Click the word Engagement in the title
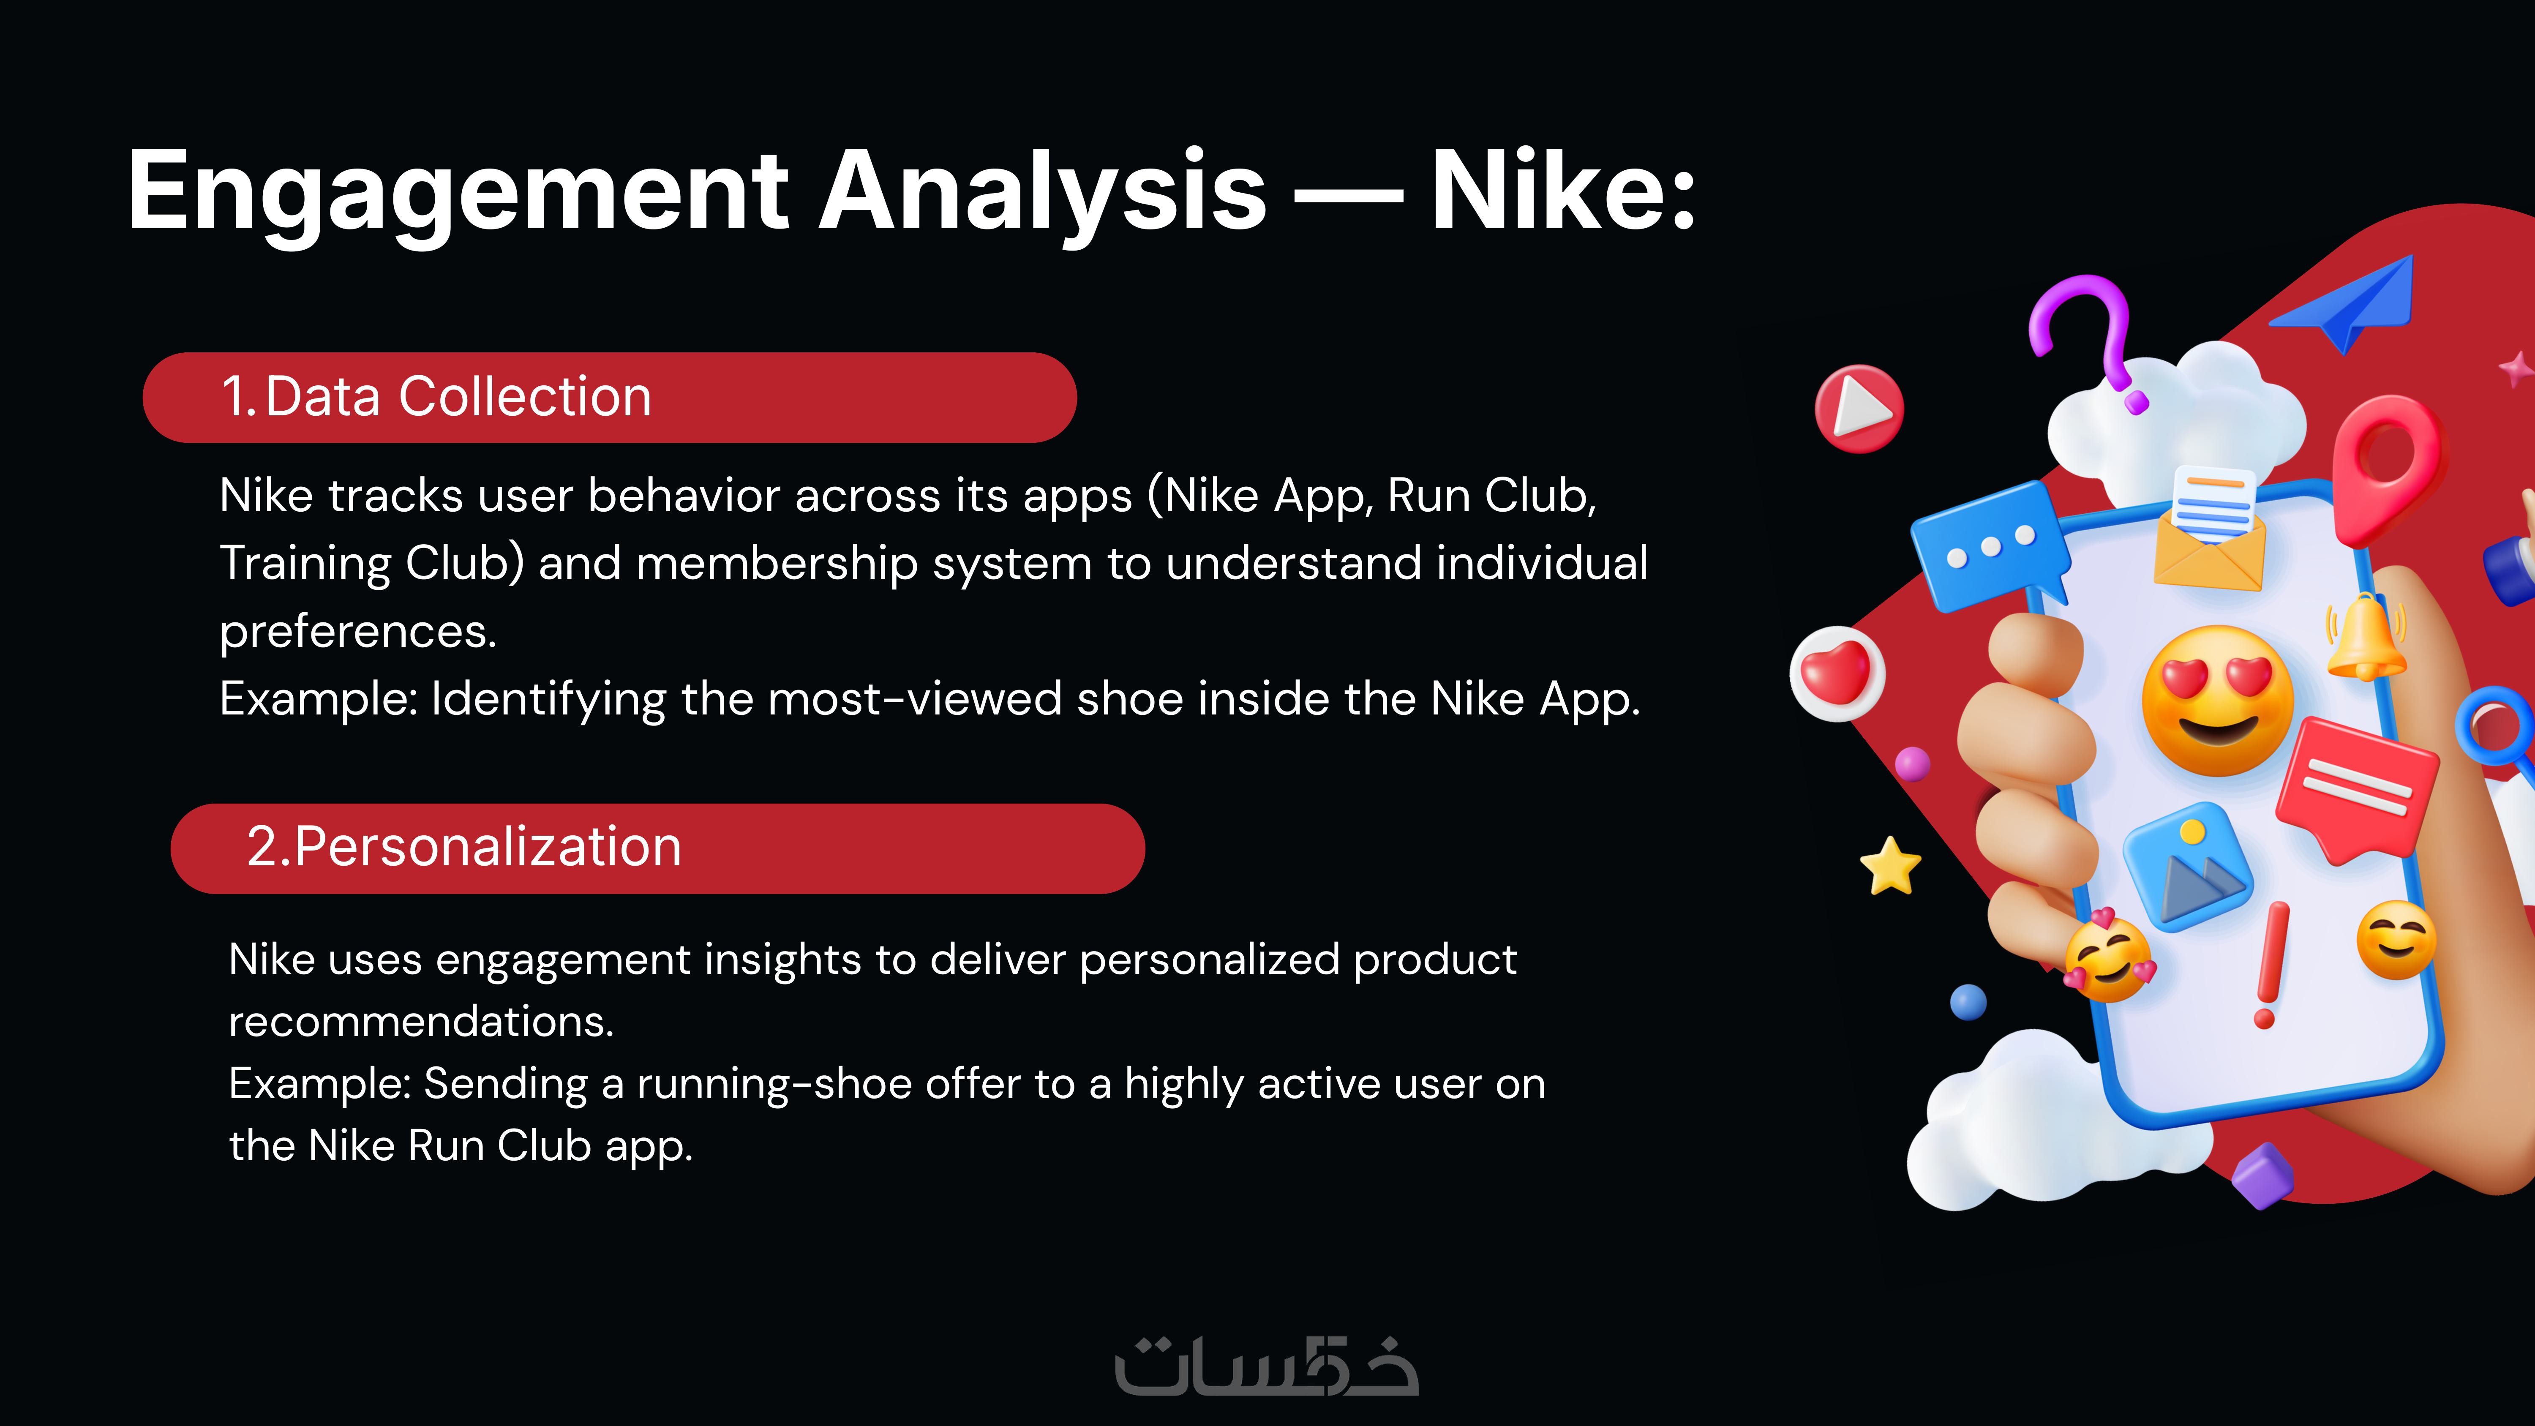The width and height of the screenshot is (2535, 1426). (x=458, y=192)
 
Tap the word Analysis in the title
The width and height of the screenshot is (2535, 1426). (x=1043, y=192)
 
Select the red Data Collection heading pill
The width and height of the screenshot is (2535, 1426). (x=610, y=398)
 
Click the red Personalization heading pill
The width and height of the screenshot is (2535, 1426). (x=657, y=848)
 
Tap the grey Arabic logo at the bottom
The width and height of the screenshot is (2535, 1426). (x=1267, y=1365)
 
